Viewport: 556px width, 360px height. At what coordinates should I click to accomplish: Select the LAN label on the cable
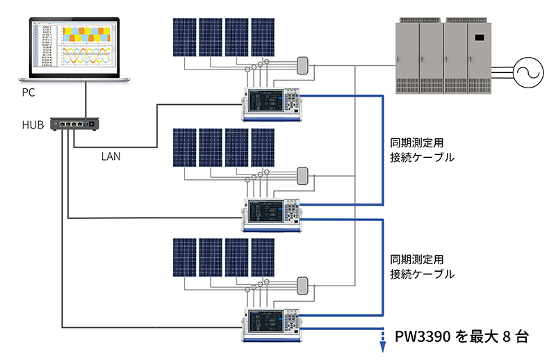coord(111,157)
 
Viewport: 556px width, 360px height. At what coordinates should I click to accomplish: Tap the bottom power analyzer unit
coord(270,322)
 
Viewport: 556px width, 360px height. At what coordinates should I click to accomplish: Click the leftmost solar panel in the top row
coord(184,37)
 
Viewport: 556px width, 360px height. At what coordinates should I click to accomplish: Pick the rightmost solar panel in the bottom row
coord(263,258)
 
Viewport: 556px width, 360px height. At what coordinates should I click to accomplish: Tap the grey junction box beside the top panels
coord(302,65)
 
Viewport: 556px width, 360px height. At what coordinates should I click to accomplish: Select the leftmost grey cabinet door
coord(407,56)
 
